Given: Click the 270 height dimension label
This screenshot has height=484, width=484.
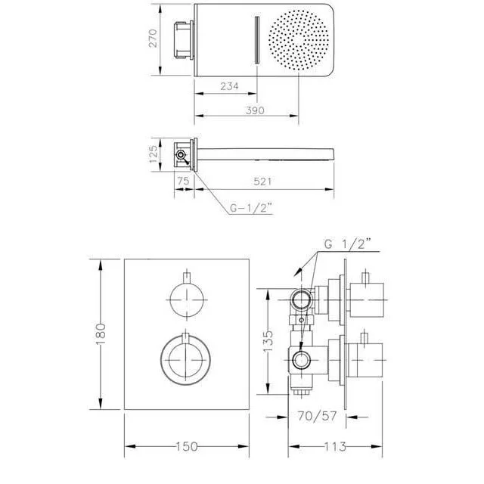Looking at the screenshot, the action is (153, 38).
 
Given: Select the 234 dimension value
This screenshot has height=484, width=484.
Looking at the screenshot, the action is (229, 86).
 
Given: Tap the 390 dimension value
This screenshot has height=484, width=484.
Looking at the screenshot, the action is (255, 110).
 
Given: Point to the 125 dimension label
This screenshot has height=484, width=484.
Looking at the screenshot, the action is (154, 154).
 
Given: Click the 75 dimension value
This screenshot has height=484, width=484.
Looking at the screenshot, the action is (183, 181).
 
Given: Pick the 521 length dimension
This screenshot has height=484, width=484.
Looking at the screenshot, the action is (262, 181).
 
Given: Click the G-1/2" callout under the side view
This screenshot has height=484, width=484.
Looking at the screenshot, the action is (251, 209).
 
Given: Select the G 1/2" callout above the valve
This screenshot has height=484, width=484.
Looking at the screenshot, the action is (347, 244).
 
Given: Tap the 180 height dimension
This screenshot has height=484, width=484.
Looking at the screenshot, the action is (101, 334).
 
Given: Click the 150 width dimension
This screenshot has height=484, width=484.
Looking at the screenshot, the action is (187, 446).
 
